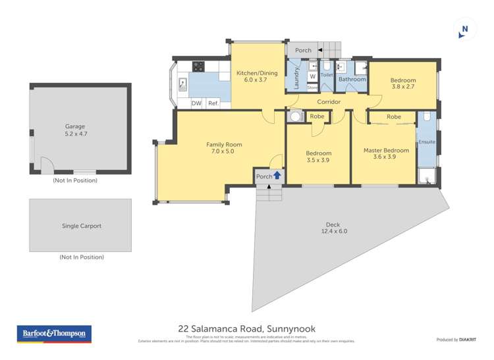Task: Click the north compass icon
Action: [x=465, y=29]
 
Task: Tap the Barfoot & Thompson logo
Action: [x=53, y=334]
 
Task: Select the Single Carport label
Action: [x=82, y=226]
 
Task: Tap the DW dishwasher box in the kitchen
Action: [x=196, y=103]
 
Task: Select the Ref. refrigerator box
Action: [x=213, y=103]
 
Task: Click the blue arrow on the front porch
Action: [x=277, y=176]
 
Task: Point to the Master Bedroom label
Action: [x=386, y=150]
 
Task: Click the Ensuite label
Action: [x=427, y=141]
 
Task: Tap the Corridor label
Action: [x=329, y=102]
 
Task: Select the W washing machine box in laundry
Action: [x=312, y=76]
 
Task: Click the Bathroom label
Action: [x=352, y=80]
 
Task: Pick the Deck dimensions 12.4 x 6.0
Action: [x=334, y=231]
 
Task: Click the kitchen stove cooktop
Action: [x=198, y=66]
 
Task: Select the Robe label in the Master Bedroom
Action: [x=393, y=116]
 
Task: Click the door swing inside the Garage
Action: [x=47, y=165]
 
